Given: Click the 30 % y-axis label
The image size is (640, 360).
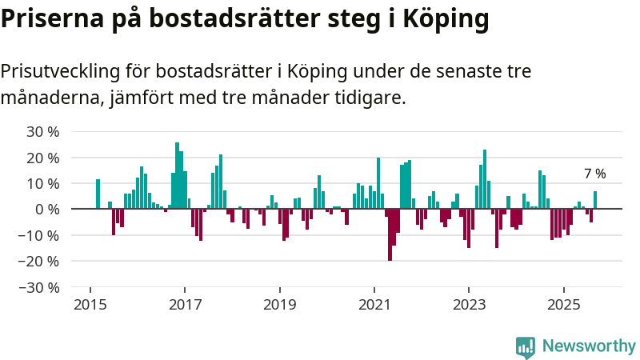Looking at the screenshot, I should [43, 131].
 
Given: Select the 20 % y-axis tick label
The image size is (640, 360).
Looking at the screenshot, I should [43, 158].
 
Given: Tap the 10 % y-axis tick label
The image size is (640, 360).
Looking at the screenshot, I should [43, 183].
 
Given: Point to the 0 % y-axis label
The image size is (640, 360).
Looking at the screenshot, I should [47, 209].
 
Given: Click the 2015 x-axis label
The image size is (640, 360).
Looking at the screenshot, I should [90, 305].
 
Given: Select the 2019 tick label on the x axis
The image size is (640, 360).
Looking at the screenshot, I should [280, 305].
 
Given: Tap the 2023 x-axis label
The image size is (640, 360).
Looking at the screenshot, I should [470, 305].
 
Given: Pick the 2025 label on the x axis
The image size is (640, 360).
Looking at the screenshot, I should [564, 305].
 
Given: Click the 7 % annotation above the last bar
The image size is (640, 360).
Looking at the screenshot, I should [594, 174].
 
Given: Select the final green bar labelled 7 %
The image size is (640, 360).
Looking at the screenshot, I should [595, 200].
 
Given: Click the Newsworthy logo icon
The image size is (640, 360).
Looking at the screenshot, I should [526, 347].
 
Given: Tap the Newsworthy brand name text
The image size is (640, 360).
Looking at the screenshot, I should [589, 346].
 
